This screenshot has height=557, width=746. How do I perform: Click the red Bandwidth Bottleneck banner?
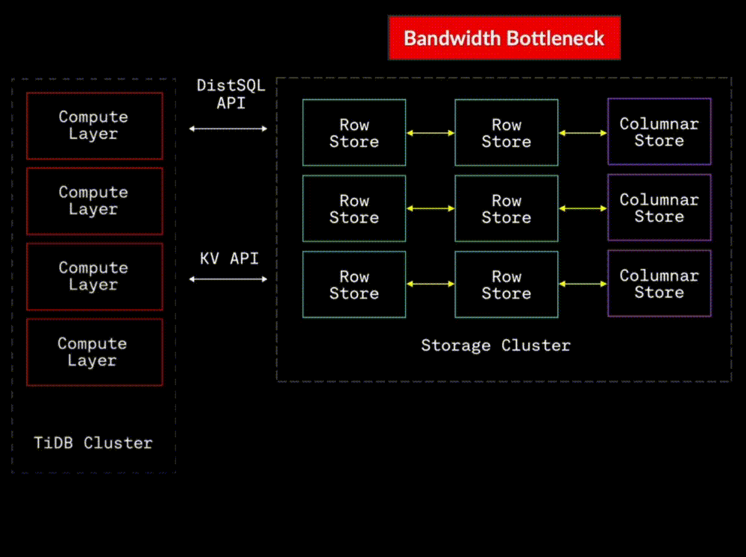pyautogui.click(x=504, y=38)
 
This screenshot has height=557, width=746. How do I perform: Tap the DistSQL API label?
pyautogui.click(x=231, y=94)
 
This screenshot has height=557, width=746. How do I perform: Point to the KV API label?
pyautogui.click(x=229, y=258)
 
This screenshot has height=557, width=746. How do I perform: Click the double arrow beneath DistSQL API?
pyautogui.click(x=228, y=128)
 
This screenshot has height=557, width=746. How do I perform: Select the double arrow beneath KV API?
pyautogui.click(x=228, y=279)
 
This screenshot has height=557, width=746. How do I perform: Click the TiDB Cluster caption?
pyautogui.click(x=93, y=443)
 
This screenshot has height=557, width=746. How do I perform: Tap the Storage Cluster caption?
pyautogui.click(x=495, y=345)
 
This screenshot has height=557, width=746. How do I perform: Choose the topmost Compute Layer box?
pyautogui.click(x=94, y=125)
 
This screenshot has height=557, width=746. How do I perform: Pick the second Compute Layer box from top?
pyautogui.click(x=94, y=201)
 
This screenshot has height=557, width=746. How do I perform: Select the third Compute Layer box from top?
pyautogui.click(x=94, y=276)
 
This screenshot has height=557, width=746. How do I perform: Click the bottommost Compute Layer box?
pyautogui.click(x=94, y=352)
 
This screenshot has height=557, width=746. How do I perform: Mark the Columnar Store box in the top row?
pyautogui.click(x=659, y=132)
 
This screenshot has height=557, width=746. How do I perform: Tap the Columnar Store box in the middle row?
pyautogui.click(x=659, y=208)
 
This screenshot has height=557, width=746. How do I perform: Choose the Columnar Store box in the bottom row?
pyautogui.click(x=659, y=284)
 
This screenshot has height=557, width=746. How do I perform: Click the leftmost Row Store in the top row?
pyautogui.click(x=354, y=133)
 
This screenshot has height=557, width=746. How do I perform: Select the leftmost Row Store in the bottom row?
pyautogui.click(x=354, y=284)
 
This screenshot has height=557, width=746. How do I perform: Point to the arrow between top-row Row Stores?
pyautogui.click(x=430, y=133)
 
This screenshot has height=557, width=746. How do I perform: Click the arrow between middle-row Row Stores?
pyautogui.click(x=430, y=208)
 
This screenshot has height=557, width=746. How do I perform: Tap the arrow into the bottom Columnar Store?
pyautogui.click(x=583, y=284)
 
